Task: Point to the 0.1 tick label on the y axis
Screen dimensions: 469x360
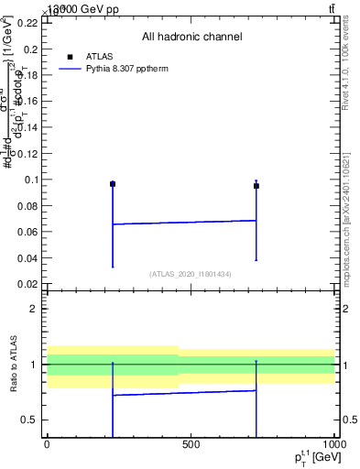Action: [x=32, y=180]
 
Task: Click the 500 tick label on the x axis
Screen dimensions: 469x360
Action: [x=191, y=444]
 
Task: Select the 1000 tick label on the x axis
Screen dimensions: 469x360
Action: [x=334, y=444]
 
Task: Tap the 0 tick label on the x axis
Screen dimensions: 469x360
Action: [x=47, y=444]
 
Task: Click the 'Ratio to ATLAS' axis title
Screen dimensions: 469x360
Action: [x=12, y=364]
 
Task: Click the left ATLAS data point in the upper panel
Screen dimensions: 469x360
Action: [x=113, y=184]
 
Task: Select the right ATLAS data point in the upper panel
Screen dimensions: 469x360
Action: [x=256, y=186]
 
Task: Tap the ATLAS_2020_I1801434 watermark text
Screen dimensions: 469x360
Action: [x=191, y=274]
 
